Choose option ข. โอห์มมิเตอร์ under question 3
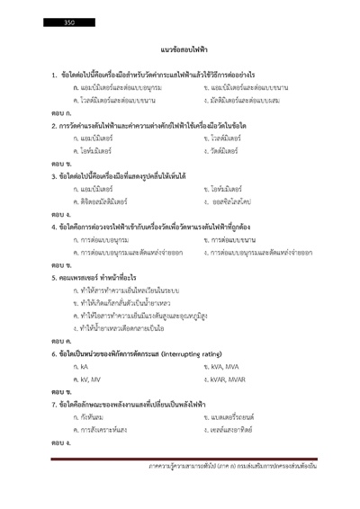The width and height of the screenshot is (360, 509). pos(222,190)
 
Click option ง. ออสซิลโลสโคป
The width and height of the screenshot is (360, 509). pos(228,202)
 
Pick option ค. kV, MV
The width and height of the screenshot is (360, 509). pos(86,381)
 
